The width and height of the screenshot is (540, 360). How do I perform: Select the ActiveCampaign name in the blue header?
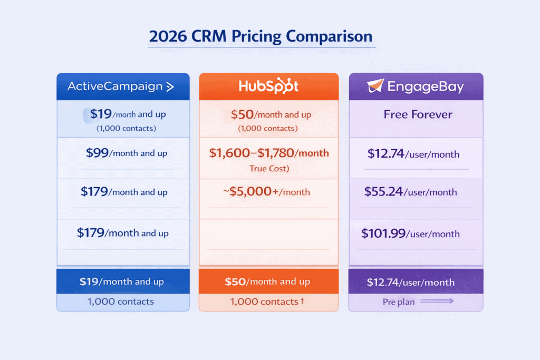(x=115, y=86)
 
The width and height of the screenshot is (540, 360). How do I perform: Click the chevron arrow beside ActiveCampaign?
(x=170, y=87)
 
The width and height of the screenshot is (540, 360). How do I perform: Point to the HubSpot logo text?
(x=268, y=86)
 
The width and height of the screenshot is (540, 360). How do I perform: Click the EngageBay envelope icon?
(x=375, y=86)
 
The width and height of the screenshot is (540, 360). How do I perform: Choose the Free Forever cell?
(x=418, y=114)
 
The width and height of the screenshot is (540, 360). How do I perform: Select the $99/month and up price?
(x=127, y=153)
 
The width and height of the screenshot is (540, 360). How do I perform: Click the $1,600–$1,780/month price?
(x=268, y=153)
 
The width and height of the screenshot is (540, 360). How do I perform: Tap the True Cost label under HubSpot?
(x=269, y=169)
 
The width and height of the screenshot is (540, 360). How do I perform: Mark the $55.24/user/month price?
(x=410, y=192)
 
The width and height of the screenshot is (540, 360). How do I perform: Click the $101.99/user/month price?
(x=410, y=233)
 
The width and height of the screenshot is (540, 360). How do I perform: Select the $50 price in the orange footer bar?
(x=235, y=281)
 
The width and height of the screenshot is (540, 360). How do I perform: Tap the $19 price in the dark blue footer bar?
(x=89, y=281)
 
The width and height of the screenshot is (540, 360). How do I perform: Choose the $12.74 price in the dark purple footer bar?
(x=385, y=282)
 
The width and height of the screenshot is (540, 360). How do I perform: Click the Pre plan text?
(x=398, y=302)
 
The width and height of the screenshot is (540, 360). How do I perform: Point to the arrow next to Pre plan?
(x=437, y=301)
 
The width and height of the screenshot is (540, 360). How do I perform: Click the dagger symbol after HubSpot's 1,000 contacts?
(x=302, y=300)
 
